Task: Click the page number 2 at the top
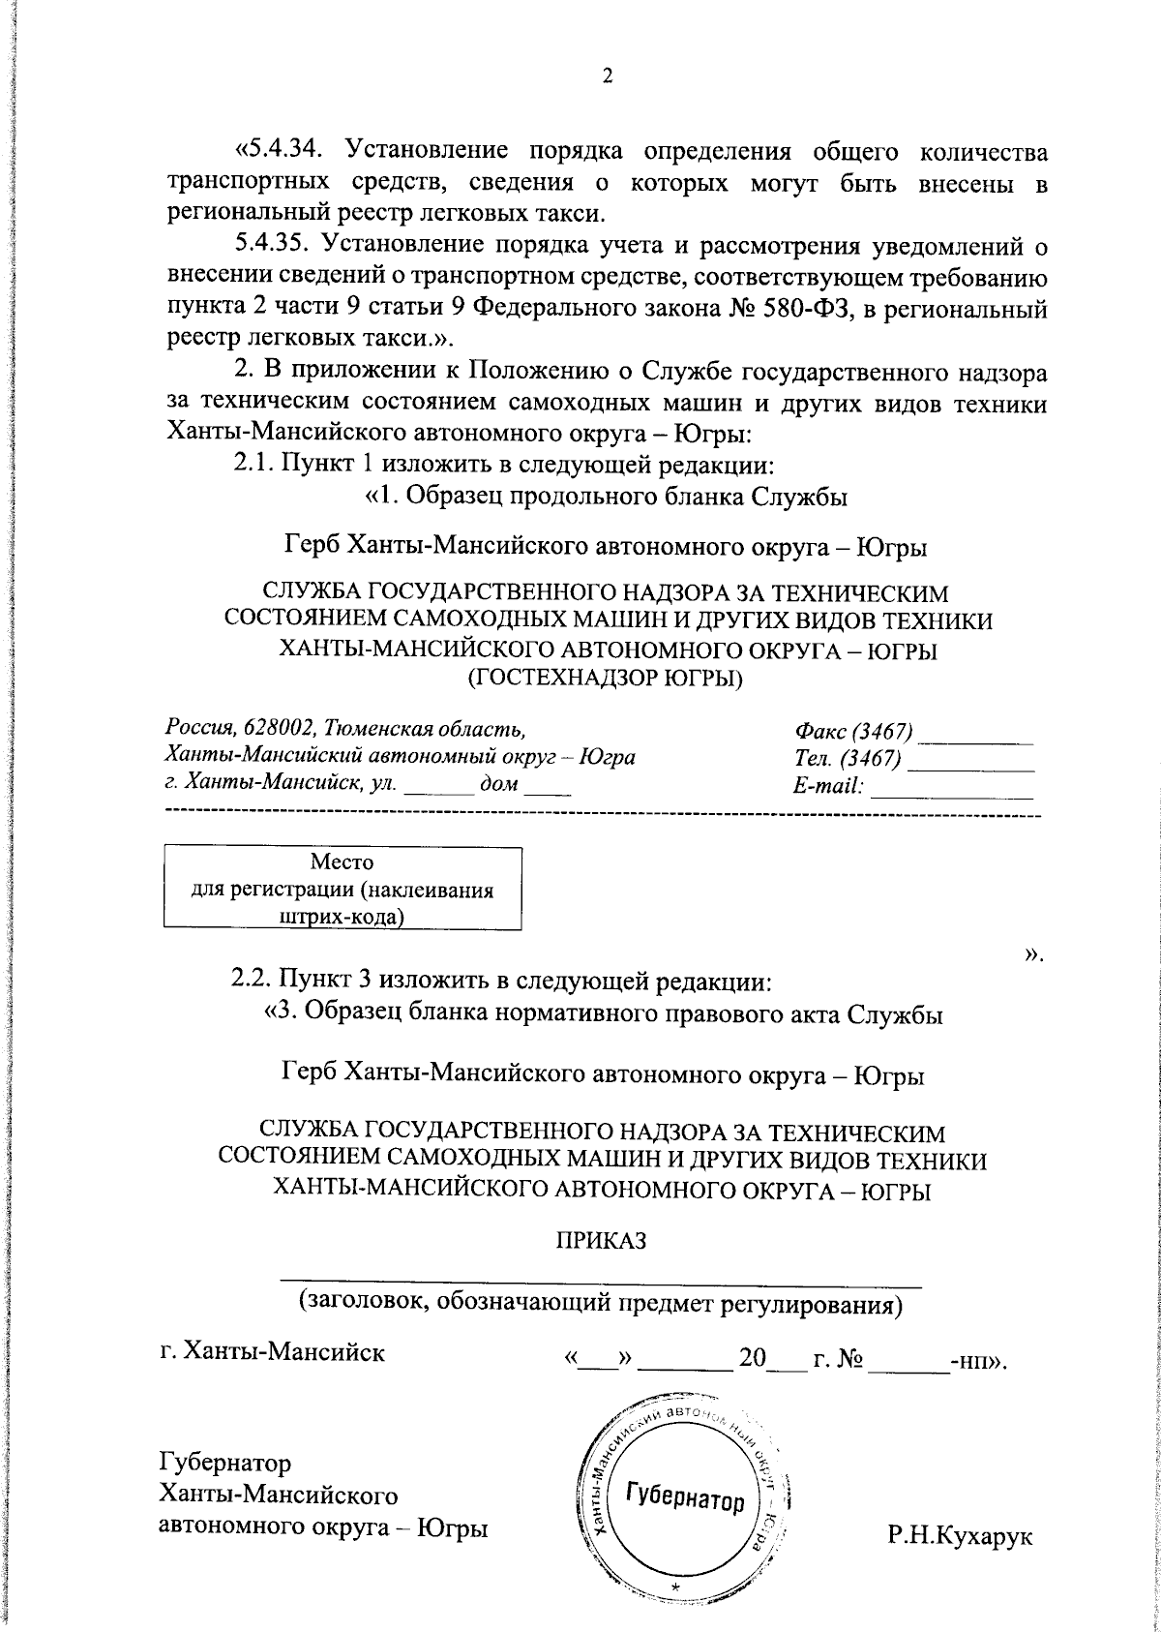tap(608, 76)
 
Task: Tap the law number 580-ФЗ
tap(803, 311)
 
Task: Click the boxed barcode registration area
tap(342, 889)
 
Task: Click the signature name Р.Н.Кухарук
tap(960, 1536)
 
